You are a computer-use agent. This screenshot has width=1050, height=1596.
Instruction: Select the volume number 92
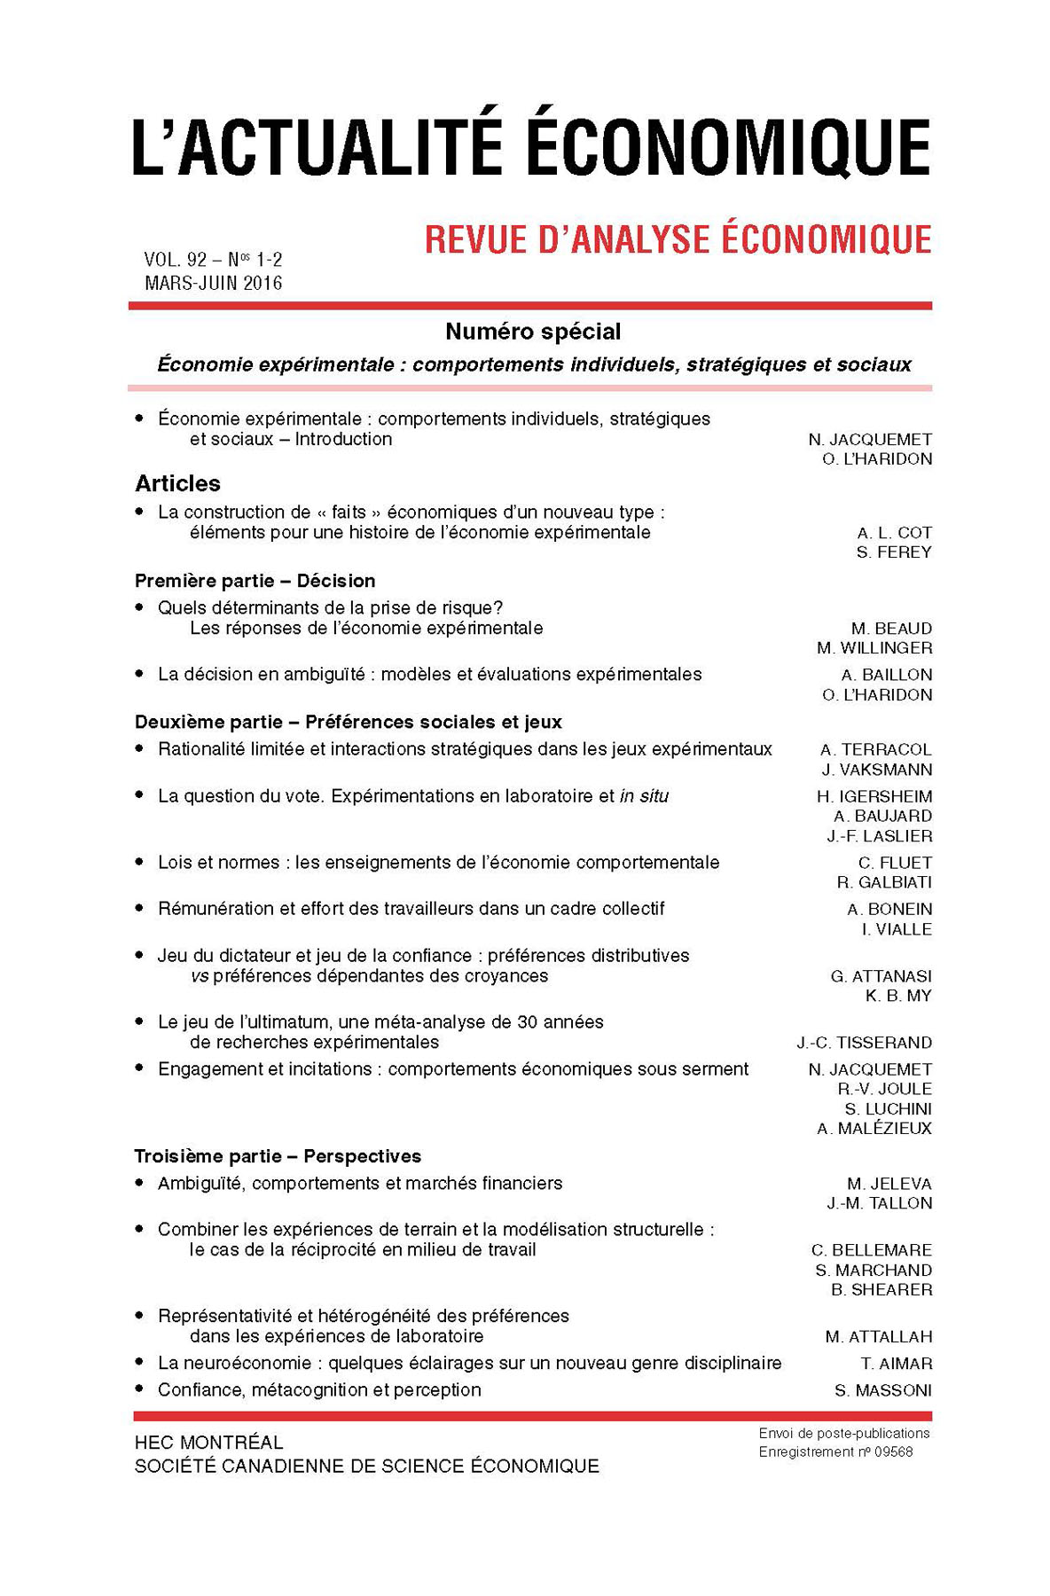click(x=196, y=260)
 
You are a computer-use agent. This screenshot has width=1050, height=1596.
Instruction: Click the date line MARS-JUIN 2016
click(x=213, y=283)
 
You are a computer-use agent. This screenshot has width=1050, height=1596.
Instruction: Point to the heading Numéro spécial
click(x=533, y=332)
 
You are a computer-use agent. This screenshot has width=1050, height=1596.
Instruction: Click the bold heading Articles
click(x=177, y=483)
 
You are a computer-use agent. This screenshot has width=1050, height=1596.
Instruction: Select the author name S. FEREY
click(x=894, y=552)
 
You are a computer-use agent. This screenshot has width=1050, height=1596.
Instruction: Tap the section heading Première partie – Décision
click(x=255, y=581)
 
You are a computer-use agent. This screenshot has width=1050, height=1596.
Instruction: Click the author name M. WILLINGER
click(x=874, y=648)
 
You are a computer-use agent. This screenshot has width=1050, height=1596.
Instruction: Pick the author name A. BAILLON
click(x=887, y=675)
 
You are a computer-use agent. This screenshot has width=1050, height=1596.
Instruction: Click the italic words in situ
click(x=644, y=796)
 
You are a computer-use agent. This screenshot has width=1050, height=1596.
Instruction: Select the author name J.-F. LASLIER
click(x=880, y=836)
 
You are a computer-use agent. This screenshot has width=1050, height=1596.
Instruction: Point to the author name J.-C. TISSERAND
click(x=864, y=1043)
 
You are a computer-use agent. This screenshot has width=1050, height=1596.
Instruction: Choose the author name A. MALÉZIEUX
click(x=874, y=1129)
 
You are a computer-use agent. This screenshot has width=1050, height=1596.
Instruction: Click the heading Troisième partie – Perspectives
click(x=278, y=1156)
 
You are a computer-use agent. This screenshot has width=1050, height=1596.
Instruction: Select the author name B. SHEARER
click(x=882, y=1290)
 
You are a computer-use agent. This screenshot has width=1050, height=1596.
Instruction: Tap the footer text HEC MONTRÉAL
click(x=209, y=1443)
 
